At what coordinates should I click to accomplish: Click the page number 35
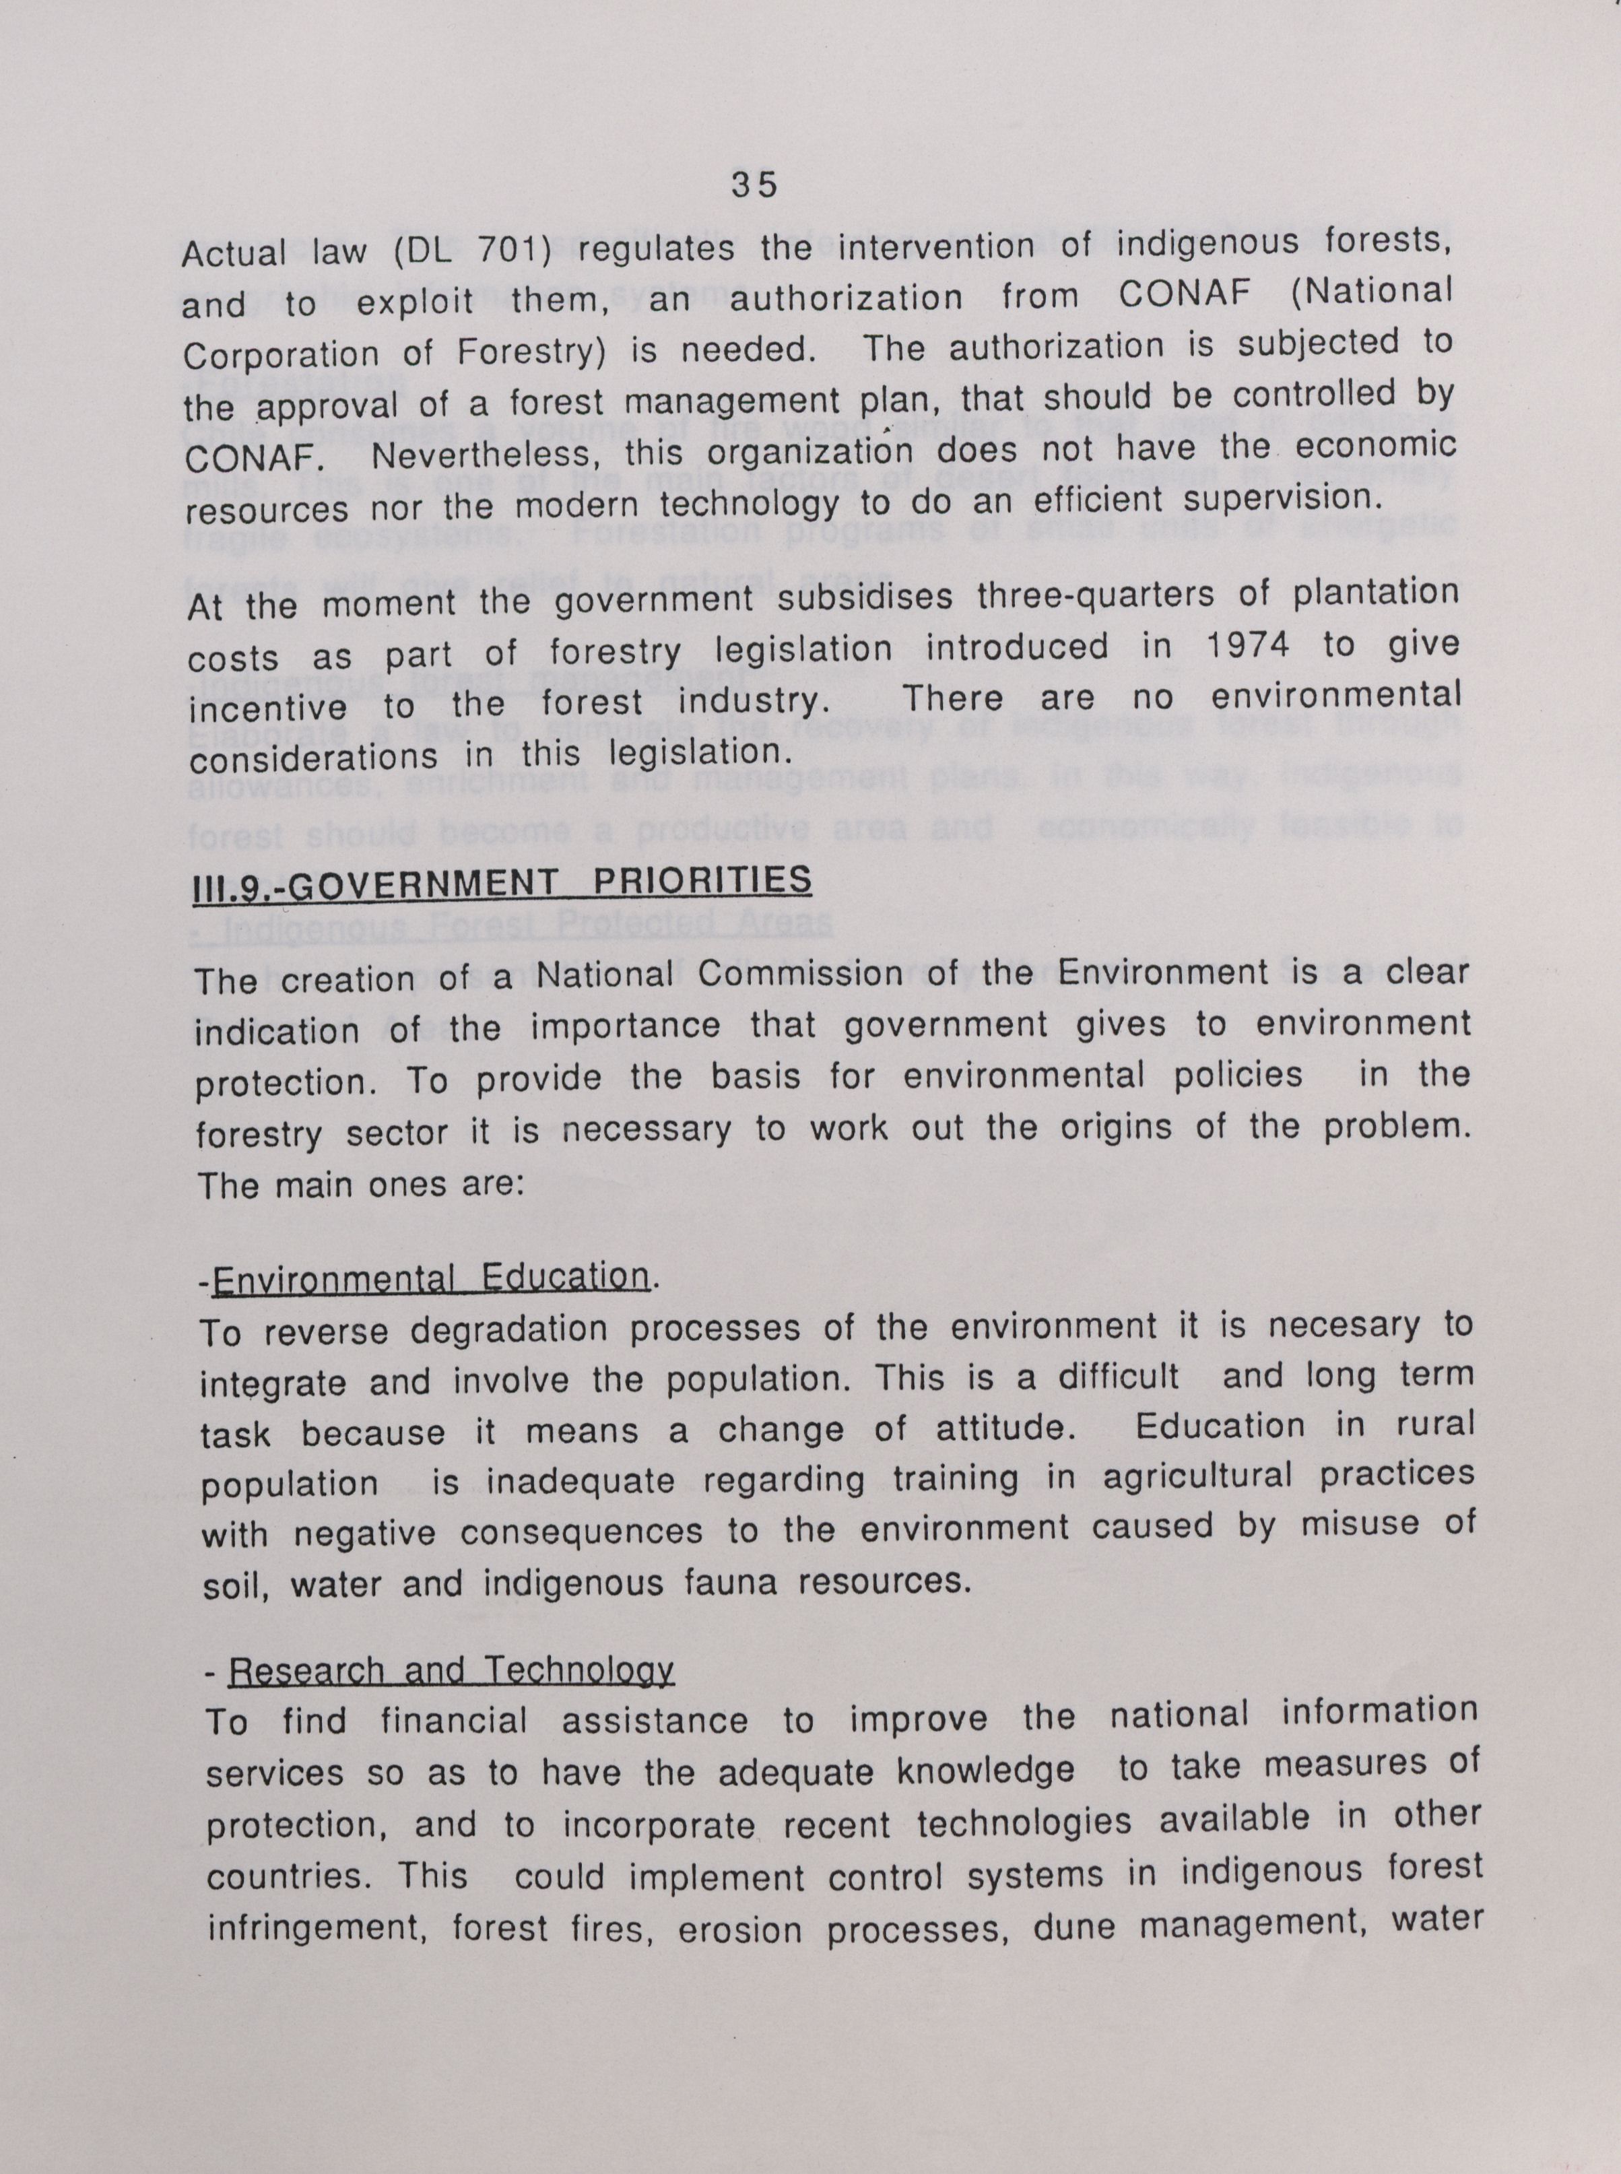[x=754, y=185]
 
